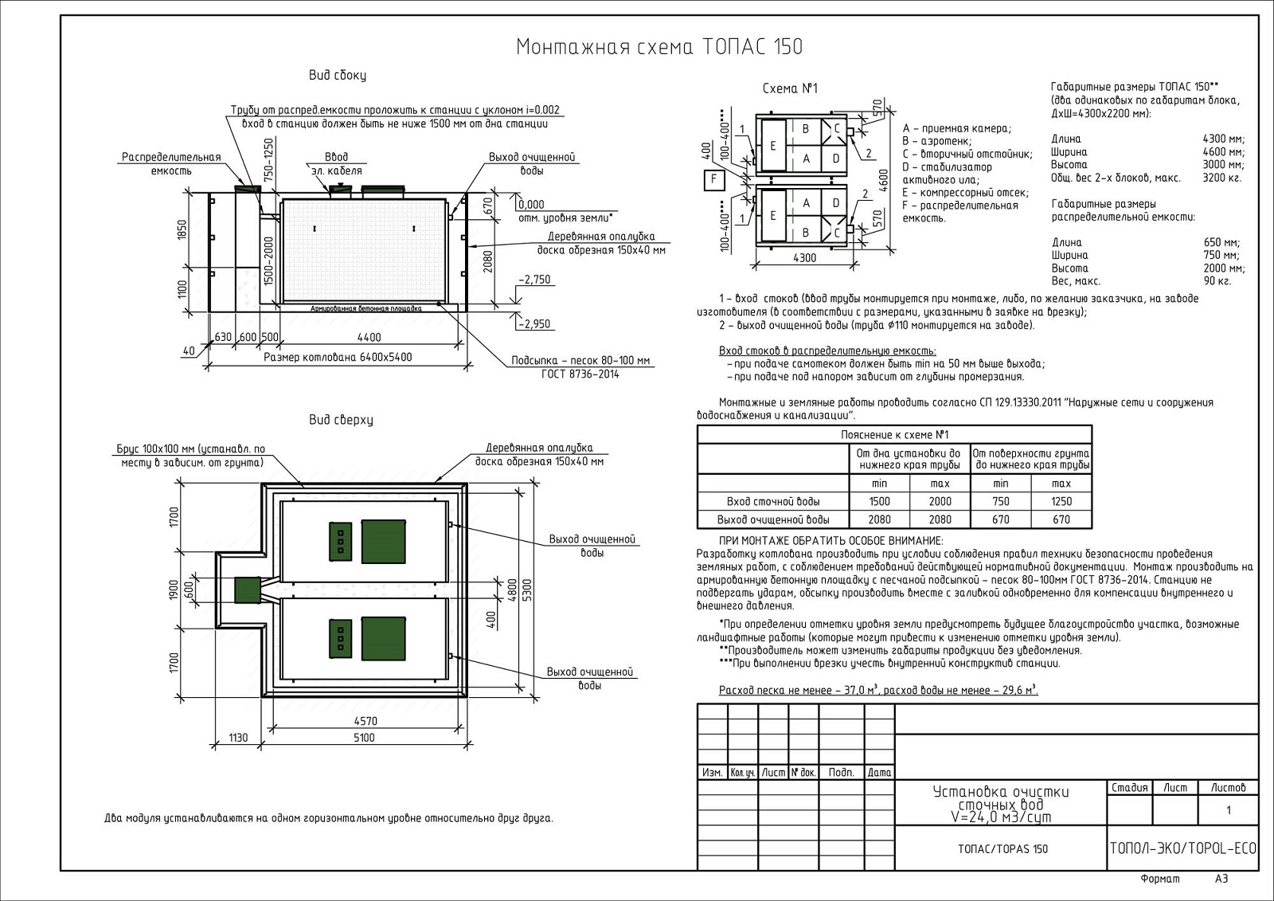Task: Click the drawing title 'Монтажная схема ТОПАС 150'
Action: click(659, 47)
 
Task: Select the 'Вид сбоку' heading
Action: click(338, 76)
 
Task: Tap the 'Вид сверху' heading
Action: click(341, 420)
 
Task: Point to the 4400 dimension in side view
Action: click(369, 337)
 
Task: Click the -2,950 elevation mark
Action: click(534, 324)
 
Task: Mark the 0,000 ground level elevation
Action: click(532, 205)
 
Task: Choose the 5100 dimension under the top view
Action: click(364, 738)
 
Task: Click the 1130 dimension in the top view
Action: click(238, 738)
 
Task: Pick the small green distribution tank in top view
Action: click(248, 590)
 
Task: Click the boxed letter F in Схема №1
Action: click(714, 180)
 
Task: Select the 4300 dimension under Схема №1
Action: click(805, 258)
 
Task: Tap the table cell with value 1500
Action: click(880, 502)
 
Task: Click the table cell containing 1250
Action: click(1061, 502)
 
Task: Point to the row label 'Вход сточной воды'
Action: click(773, 502)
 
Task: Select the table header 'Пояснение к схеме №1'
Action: click(894, 435)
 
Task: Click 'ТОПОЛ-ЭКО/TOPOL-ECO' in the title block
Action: click(1182, 848)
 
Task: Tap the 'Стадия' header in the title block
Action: click(1129, 788)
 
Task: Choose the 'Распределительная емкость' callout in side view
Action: click(171, 164)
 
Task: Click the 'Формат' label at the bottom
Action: click(1160, 879)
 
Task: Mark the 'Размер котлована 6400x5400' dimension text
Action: click(338, 357)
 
